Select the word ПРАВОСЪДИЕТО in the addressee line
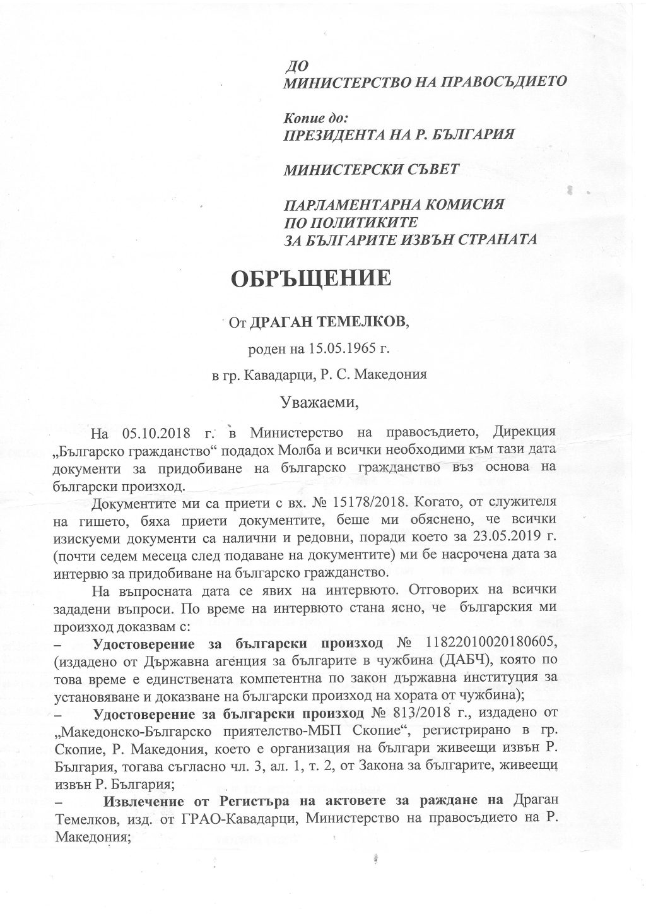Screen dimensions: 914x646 pyautogui.click(x=494, y=81)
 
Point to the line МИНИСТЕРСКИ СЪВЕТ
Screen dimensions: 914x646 pyautogui.click(x=372, y=170)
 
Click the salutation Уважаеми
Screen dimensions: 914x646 pyautogui.click(x=322, y=400)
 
